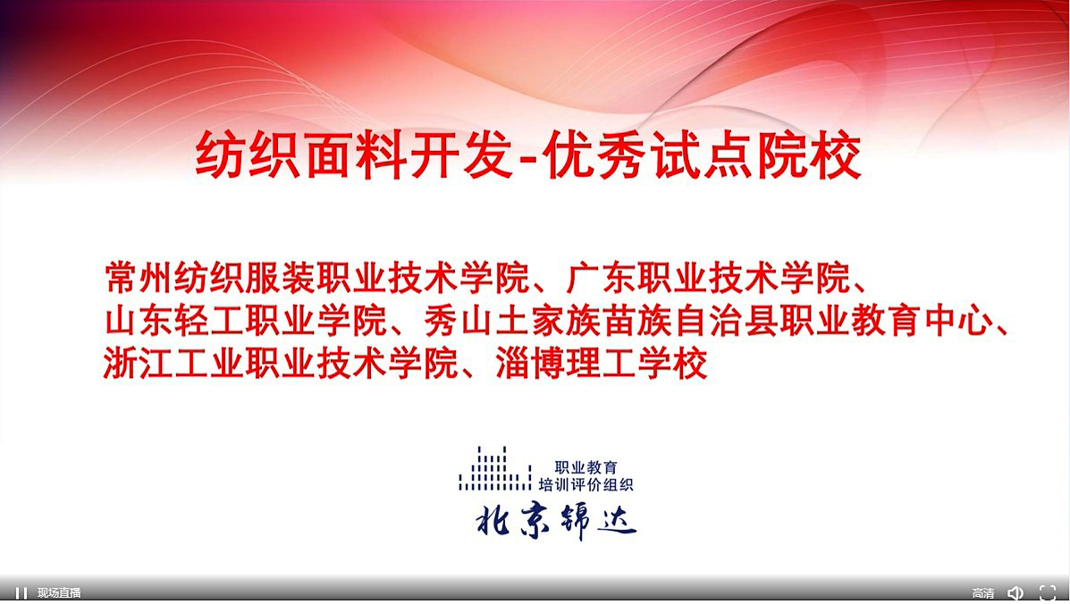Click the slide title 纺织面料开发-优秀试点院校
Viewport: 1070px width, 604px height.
pyautogui.click(x=528, y=155)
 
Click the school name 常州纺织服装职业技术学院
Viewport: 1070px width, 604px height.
pyautogui.click(x=317, y=278)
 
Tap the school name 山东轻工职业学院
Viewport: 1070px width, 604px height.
pyautogui.click(x=246, y=321)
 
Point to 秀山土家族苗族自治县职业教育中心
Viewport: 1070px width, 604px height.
pyautogui.click(x=708, y=321)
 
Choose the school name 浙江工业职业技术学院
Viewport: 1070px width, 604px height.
pyautogui.click(x=282, y=364)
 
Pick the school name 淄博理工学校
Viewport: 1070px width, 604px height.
pyautogui.click(x=602, y=364)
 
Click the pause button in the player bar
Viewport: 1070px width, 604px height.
pyautogui.click(x=21, y=593)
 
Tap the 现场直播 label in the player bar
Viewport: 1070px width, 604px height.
pyautogui.click(x=59, y=593)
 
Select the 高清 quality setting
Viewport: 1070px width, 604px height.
pyautogui.click(x=982, y=593)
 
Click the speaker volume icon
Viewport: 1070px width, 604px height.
pyautogui.click(x=1015, y=593)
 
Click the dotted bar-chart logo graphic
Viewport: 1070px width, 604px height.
pyautogui.click(x=494, y=468)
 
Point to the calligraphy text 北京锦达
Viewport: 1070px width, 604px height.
pyautogui.click(x=555, y=522)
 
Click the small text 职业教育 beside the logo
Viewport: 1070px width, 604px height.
pyautogui.click(x=586, y=467)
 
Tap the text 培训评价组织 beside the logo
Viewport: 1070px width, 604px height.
pyautogui.click(x=586, y=484)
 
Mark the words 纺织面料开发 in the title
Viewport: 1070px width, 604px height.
pyautogui.click(x=353, y=155)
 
